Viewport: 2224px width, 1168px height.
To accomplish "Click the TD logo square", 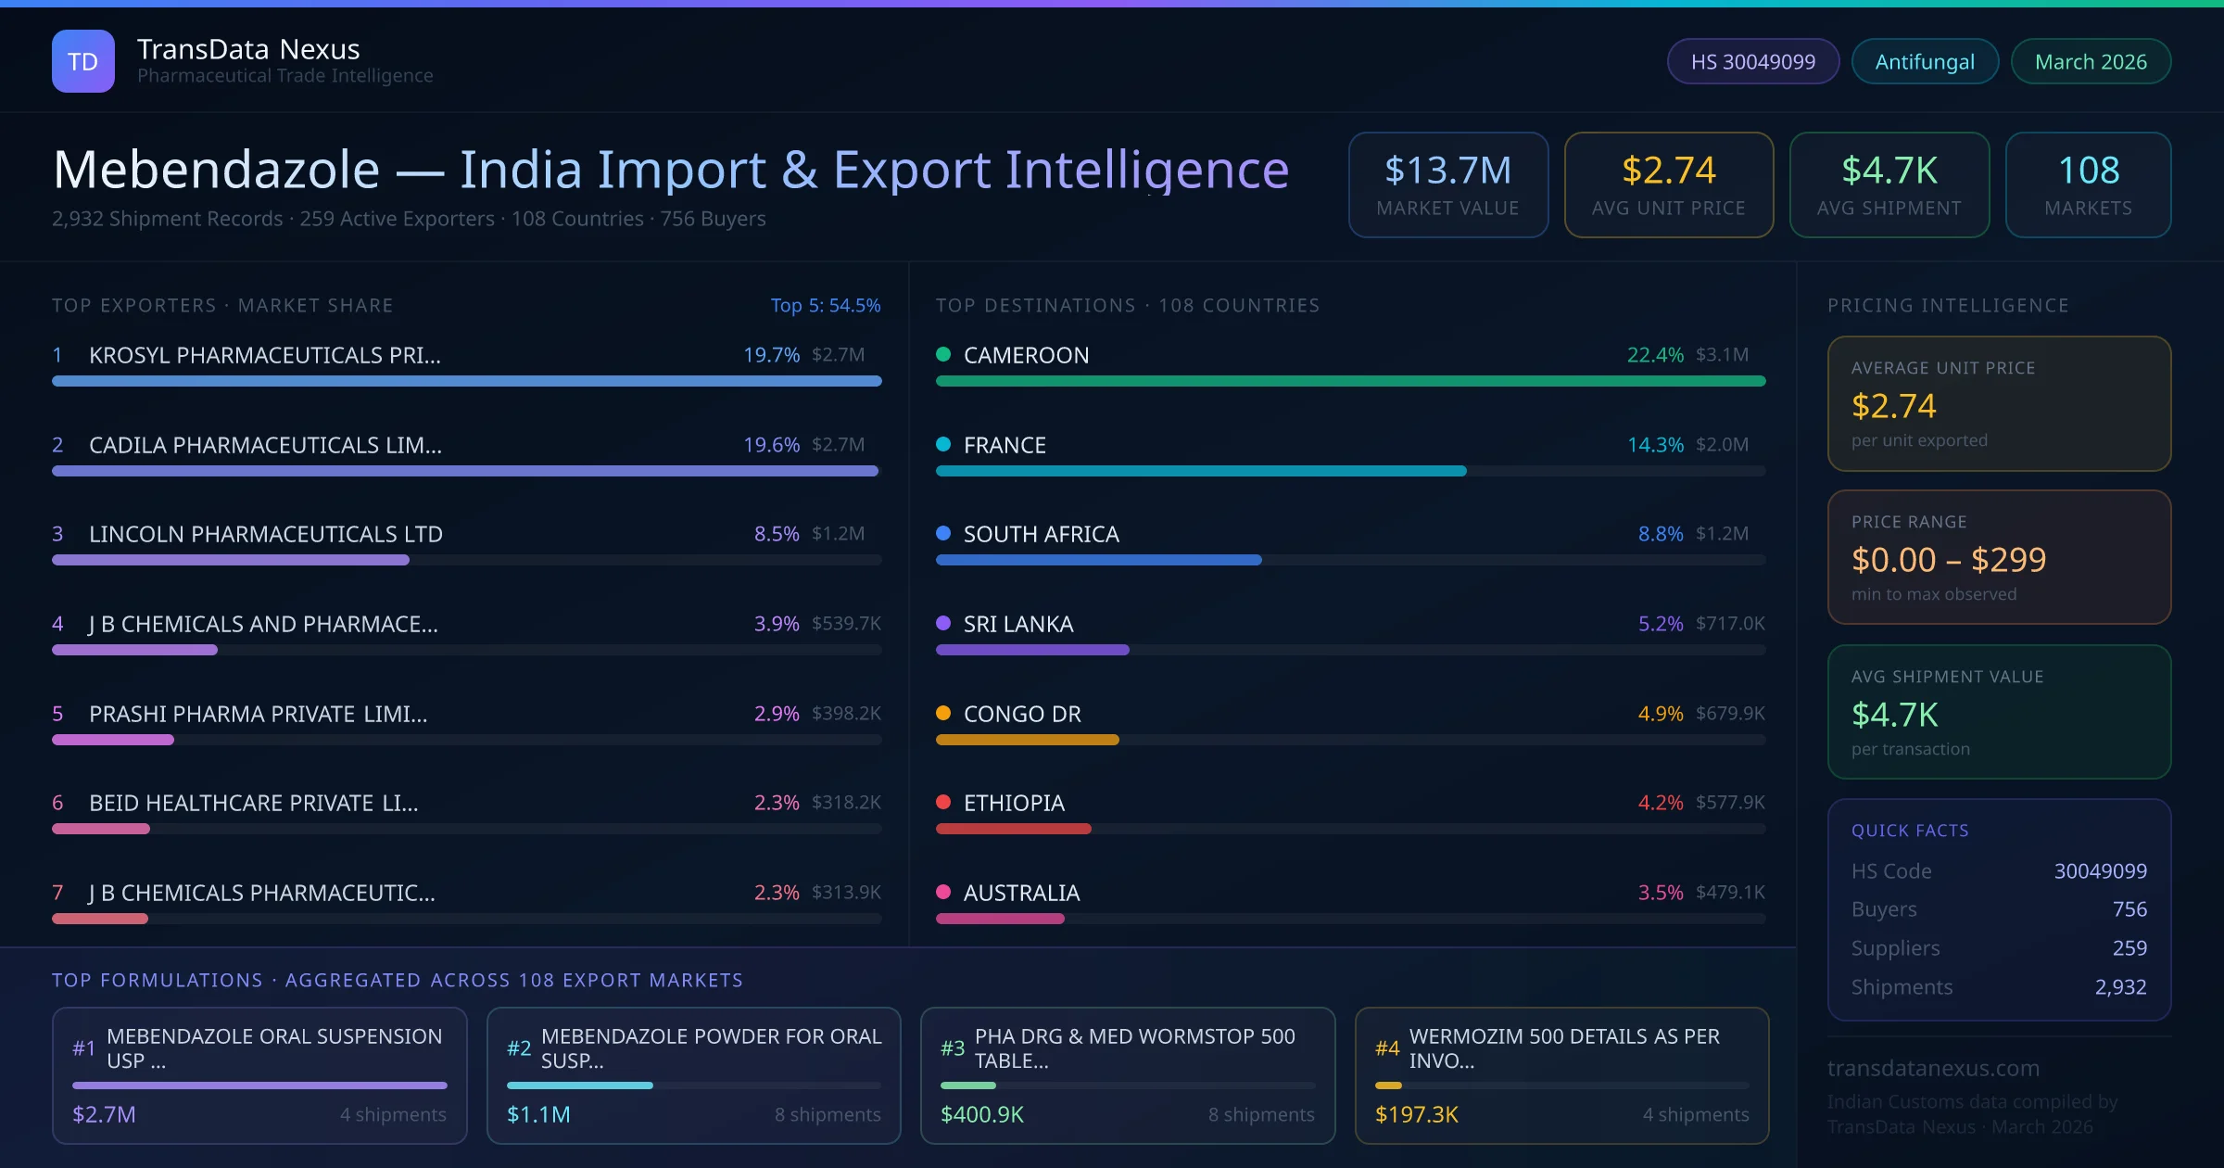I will point(82,61).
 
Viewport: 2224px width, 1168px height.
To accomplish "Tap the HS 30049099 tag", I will point(1752,61).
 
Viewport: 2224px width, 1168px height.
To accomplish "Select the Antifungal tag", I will point(1924,61).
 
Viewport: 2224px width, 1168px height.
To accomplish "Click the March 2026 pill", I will point(2090,61).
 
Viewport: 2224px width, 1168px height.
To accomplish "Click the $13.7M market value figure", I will point(1447,171).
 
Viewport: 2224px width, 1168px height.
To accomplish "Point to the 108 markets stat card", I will point(2088,184).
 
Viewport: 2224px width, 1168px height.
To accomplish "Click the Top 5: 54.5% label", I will point(825,305).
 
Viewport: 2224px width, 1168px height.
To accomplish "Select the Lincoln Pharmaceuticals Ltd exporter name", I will point(266,534).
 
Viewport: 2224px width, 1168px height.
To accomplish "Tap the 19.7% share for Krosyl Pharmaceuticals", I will point(770,355).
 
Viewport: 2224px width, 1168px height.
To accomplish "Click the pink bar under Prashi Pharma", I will point(113,740).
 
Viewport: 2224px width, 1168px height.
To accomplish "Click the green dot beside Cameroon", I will point(943,354).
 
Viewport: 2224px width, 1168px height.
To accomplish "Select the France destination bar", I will point(1200,471).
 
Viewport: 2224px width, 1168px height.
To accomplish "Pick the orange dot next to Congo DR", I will point(943,713).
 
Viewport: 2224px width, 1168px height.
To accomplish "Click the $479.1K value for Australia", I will point(1729,892).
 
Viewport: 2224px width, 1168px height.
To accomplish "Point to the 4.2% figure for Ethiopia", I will point(1660,803).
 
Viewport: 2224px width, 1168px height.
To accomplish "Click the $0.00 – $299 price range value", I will point(1948,559).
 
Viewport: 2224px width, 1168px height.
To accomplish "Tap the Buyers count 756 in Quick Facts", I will point(2129,909).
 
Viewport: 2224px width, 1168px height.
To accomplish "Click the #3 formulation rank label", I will point(952,1047).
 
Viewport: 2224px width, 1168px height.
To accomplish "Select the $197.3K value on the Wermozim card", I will point(1416,1114).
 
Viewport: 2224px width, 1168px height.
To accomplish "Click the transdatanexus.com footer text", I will point(1933,1068).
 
